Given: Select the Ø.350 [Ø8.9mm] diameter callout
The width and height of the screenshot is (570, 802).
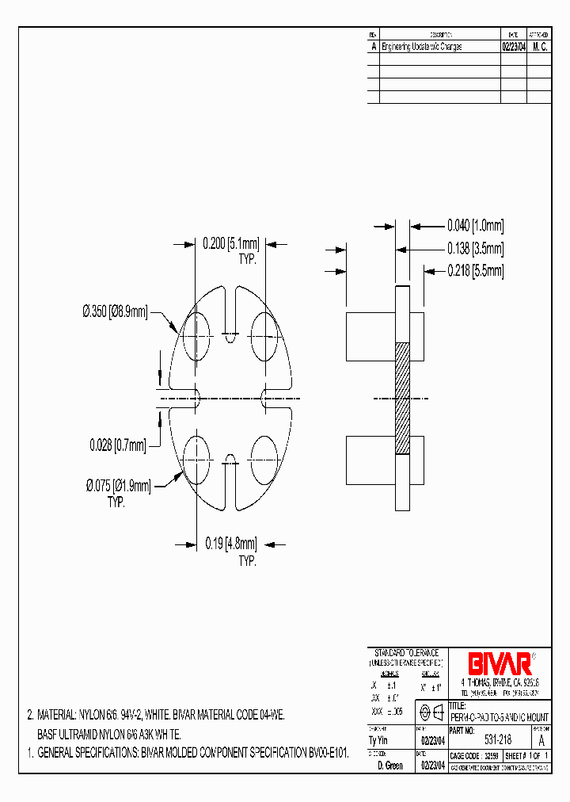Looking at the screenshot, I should pos(115,313).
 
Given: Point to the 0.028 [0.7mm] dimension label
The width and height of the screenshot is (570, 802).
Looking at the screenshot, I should pos(117,446).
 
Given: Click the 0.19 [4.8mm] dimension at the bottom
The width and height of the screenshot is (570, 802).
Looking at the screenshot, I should pos(230,544).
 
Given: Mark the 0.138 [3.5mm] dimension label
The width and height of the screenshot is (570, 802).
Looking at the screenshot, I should pos(475,247).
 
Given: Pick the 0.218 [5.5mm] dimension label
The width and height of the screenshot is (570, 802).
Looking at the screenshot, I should pos(475,270).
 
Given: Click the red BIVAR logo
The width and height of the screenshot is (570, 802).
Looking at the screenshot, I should pos(499,663).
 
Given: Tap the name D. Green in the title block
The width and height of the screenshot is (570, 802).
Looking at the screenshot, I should pos(389,766).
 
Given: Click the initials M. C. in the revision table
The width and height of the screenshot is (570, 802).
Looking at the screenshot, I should pos(539,47).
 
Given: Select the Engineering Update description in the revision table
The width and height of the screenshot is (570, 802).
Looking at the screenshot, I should pos(421,47).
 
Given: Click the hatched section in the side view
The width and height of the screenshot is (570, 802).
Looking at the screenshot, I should pos(402,398).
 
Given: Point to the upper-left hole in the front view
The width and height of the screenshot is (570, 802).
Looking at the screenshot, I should pos(196,330).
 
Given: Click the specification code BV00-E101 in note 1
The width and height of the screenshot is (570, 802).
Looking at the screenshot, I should pos(316,750).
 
